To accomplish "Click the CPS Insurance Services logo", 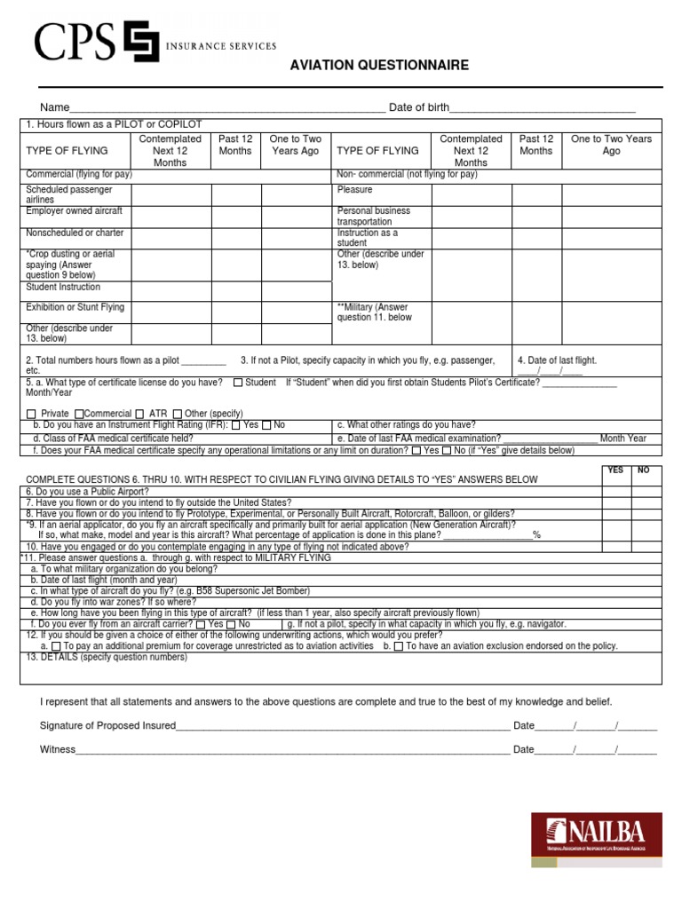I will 155,43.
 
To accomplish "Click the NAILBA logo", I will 596,840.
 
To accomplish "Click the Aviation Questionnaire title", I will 379,66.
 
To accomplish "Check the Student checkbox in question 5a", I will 239,383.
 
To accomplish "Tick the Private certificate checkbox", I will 32,414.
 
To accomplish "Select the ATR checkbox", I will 140,414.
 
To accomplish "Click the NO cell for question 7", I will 646,502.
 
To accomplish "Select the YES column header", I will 615,470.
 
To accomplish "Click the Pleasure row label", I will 354,190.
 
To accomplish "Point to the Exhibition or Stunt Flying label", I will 75,307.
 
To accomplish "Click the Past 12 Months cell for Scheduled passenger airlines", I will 235,195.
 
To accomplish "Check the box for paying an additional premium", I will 56,647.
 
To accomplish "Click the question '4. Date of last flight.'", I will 558,360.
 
